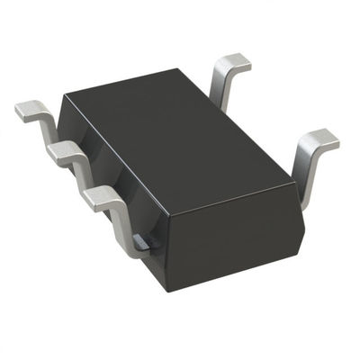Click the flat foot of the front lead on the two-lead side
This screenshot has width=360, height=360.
[x=318, y=139]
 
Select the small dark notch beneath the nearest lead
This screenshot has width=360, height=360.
[x=140, y=240]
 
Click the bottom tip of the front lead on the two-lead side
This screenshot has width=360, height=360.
[x=303, y=205]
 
